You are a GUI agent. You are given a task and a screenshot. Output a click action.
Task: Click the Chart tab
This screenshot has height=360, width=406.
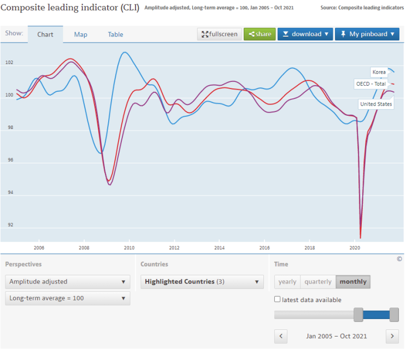pos(45,34)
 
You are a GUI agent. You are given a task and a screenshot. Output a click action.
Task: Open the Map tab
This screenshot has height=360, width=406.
pos(80,34)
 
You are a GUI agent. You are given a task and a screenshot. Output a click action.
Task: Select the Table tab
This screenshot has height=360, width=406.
pos(115,34)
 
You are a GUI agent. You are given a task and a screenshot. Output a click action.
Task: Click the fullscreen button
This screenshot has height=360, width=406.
pos(219,34)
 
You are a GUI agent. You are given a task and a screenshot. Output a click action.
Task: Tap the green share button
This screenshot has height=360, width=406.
pos(260,34)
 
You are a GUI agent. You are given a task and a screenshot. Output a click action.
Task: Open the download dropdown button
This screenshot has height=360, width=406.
pos(305,34)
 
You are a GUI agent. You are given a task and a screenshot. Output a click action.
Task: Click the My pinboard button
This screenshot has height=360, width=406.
pos(367,34)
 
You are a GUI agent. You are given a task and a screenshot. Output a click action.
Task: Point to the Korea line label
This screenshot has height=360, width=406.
pos(379,72)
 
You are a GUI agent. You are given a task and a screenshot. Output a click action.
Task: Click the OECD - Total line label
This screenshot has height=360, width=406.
pos(371,84)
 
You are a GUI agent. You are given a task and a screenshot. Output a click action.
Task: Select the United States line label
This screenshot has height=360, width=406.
pos(376,104)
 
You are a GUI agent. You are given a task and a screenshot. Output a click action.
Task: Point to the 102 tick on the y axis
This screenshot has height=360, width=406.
pos(9,62)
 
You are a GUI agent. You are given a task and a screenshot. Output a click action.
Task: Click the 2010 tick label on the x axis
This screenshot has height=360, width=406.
pos(129,248)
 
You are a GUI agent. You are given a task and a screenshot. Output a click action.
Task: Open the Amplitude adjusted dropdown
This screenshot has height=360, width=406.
pos(68,281)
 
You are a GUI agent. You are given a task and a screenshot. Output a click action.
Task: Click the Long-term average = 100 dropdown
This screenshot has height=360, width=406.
pos(68,298)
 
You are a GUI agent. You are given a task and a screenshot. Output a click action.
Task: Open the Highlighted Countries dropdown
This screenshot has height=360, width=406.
pos(202,281)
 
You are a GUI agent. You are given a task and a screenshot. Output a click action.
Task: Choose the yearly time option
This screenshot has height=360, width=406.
pos(287,281)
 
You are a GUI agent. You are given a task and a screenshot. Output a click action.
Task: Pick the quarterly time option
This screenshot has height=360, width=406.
pos(318,281)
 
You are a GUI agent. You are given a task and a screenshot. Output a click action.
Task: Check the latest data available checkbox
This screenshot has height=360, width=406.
pos(277,299)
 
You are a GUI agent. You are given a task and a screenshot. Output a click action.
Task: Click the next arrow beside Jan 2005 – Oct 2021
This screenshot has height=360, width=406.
pos(392,336)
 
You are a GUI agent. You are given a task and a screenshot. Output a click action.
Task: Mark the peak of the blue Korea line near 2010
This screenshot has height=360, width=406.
pos(125,52)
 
